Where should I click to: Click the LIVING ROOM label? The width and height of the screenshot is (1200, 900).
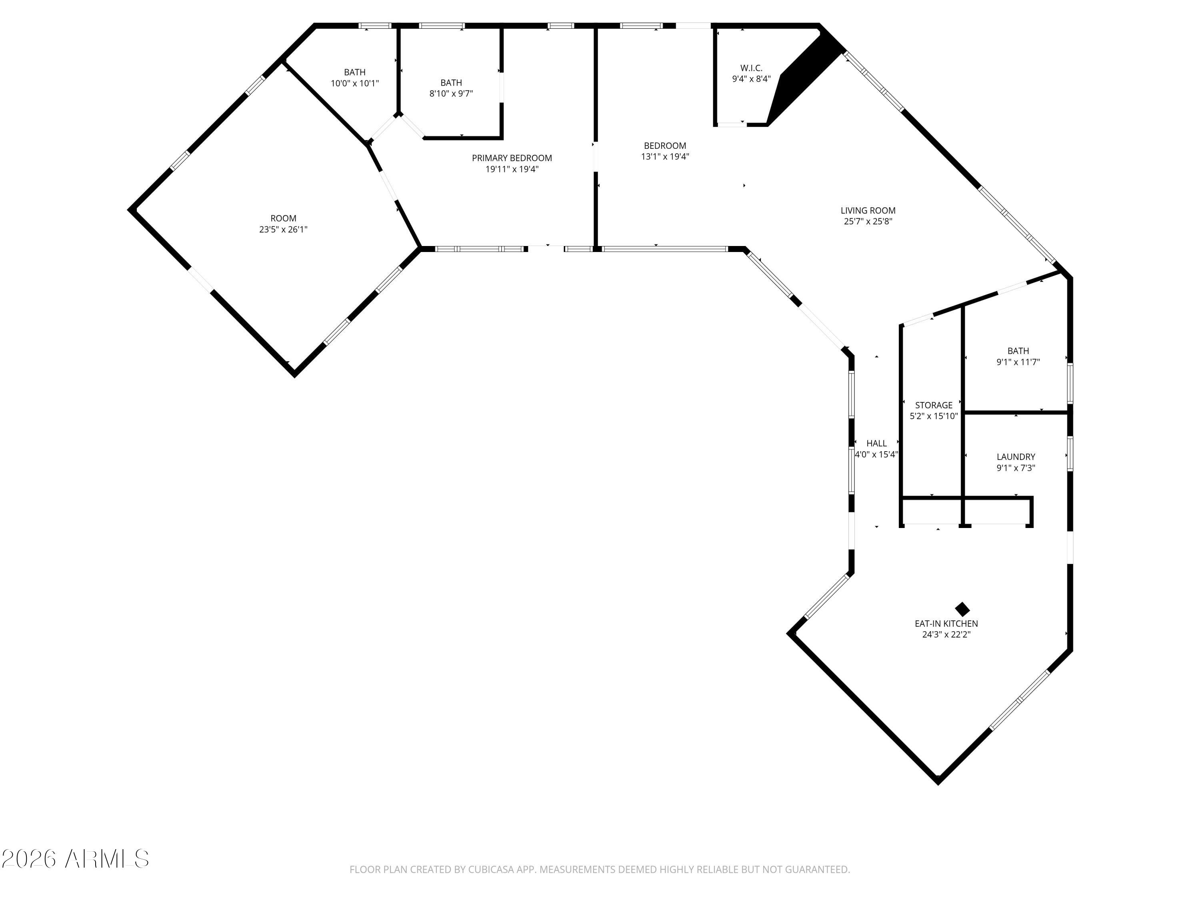(x=868, y=210)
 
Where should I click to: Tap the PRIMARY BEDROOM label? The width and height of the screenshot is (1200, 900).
(x=512, y=158)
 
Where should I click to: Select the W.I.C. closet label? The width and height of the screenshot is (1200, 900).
(x=751, y=68)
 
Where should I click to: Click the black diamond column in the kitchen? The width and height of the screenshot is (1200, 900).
(x=962, y=609)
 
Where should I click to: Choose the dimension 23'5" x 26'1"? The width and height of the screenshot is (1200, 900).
(x=283, y=230)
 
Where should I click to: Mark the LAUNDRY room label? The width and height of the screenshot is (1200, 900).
(x=1016, y=457)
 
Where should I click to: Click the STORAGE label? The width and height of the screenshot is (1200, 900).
(x=934, y=405)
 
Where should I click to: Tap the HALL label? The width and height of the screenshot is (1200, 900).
(x=876, y=443)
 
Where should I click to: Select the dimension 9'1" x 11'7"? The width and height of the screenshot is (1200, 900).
(x=1018, y=362)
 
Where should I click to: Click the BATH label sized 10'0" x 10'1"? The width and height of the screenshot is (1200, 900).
(x=354, y=72)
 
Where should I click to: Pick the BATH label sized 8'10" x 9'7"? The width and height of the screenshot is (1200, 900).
(x=451, y=82)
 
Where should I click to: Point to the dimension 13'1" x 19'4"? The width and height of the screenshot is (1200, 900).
(x=665, y=157)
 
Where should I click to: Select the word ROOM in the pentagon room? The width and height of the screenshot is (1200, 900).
(x=283, y=218)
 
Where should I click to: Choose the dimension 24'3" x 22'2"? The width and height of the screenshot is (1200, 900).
(x=946, y=634)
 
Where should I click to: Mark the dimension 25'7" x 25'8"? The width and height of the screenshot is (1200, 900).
(x=868, y=221)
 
